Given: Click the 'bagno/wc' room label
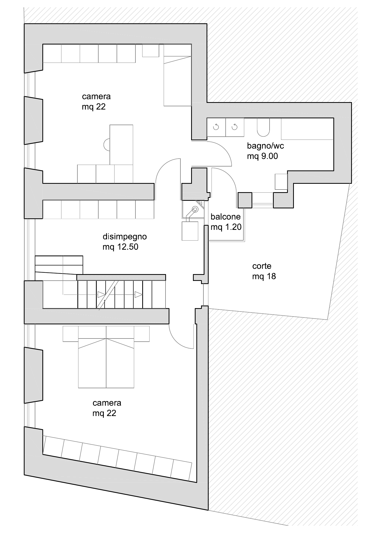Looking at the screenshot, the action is click(265, 146).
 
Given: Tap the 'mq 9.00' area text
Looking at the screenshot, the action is click(263, 156).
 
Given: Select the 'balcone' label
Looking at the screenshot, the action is click(226, 217).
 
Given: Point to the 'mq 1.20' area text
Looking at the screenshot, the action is click(226, 227).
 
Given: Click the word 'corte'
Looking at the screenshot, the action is click(262, 266).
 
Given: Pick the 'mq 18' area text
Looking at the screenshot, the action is click(264, 276).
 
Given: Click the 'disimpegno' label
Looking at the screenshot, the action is click(125, 237).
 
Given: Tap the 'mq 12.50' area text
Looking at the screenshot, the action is click(121, 247).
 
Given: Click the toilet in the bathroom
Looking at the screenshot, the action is click(263, 127).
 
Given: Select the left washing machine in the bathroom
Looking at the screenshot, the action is click(216, 127).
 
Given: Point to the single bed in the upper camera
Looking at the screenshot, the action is click(178, 75).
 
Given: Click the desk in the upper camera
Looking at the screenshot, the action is click(121, 145).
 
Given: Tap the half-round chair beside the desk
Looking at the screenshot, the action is click(107, 145).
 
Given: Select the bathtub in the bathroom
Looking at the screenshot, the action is click(307, 129).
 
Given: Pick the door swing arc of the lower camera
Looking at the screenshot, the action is click(178, 340).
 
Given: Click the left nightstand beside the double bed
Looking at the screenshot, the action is click(71, 334).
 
